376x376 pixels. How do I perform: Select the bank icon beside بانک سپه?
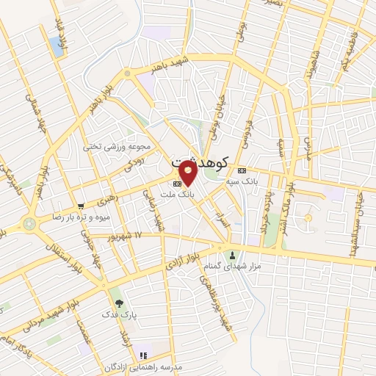coord(242,171)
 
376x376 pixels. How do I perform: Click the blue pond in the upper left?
coord(57,46)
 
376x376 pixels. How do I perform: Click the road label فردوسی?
coord(247,131)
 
